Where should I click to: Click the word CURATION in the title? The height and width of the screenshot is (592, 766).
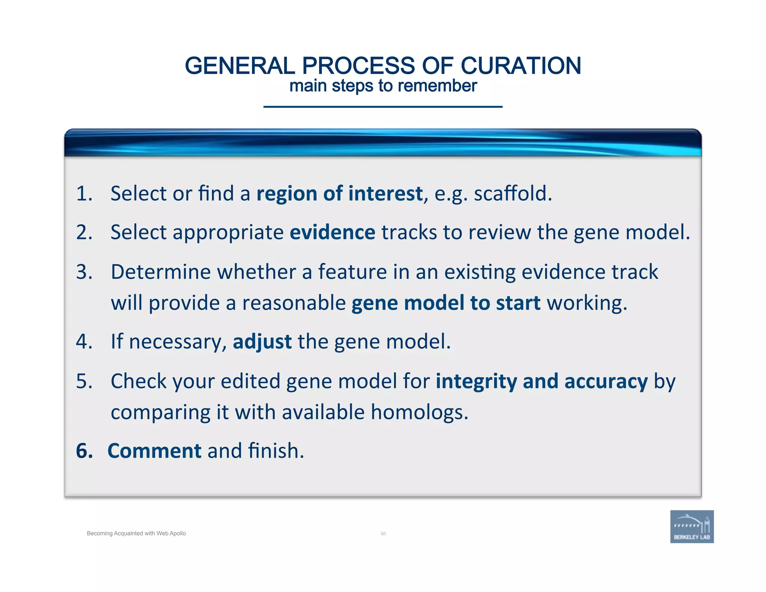521,66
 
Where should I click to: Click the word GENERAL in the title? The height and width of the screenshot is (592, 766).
240,66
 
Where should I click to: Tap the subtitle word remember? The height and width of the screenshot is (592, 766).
437,86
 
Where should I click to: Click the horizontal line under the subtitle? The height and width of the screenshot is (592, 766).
383,107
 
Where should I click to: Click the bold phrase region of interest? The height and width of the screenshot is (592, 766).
339,194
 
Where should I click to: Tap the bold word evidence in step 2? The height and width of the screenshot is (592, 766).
333,232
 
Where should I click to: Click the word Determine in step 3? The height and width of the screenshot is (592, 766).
160,272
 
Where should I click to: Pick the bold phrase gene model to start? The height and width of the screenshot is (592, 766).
446,303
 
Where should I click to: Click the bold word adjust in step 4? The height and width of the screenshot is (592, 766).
262,342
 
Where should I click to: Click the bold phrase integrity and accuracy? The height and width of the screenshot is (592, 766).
542,381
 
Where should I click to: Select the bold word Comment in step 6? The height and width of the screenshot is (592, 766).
154,451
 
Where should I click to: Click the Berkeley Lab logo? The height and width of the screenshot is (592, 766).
692,527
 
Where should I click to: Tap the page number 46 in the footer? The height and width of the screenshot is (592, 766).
383,534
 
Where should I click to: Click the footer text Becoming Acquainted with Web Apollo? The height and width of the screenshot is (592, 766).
136,534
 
